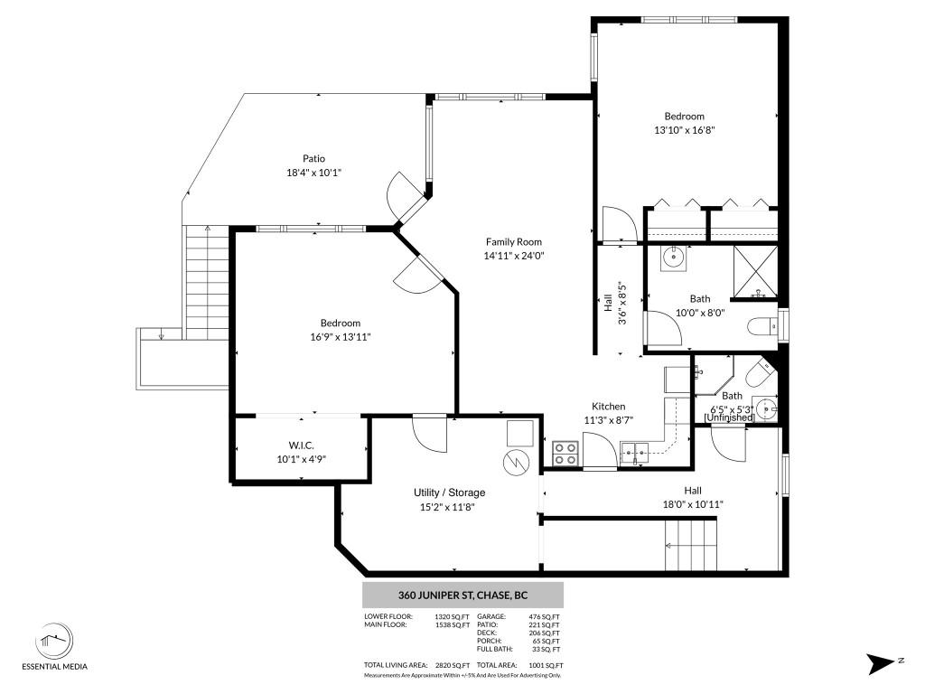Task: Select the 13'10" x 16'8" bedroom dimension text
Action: [x=685, y=130]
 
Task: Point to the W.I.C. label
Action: [x=301, y=445]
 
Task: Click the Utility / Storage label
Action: [x=449, y=492]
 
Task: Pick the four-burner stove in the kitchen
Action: [x=565, y=453]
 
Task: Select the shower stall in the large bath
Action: [x=755, y=271]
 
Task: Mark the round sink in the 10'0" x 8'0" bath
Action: [x=673, y=258]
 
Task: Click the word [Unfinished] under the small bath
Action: [x=729, y=417]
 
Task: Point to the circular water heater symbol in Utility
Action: [x=514, y=462]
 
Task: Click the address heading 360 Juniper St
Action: [x=462, y=596]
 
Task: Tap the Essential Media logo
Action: [x=61, y=642]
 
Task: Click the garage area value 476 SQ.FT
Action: [x=544, y=616]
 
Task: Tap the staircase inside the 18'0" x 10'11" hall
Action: [x=691, y=546]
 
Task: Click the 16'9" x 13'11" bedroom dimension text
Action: [x=340, y=336]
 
